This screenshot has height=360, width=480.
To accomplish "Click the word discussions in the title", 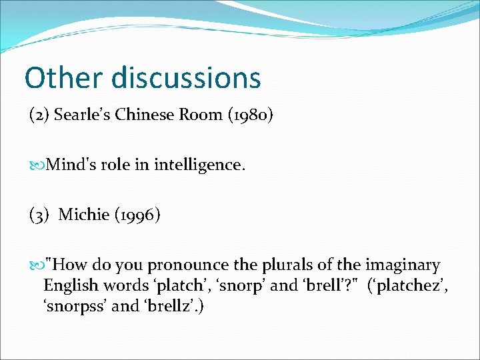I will [186, 77].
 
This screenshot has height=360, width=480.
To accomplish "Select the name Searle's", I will [83, 115].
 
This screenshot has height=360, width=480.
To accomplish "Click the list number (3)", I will [39, 215].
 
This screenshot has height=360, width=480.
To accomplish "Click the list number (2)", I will [39, 115].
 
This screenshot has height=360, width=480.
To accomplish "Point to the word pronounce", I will [197, 265].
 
